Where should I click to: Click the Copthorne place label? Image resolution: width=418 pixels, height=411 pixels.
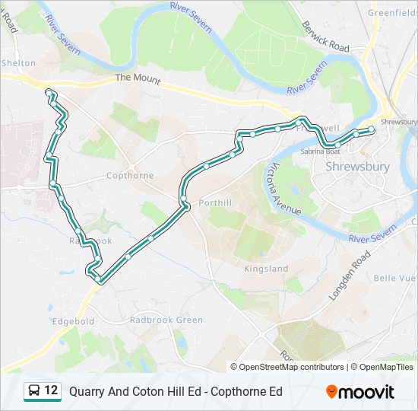pyautogui.click(x=130, y=176)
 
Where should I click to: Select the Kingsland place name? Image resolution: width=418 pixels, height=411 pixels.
pyautogui.click(x=266, y=269)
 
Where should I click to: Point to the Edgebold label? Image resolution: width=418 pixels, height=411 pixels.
pyautogui.click(x=73, y=321)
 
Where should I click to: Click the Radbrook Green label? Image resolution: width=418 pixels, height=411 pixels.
pyautogui.click(x=166, y=320)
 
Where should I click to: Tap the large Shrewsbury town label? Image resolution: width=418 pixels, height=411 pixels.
pyautogui.click(x=357, y=167)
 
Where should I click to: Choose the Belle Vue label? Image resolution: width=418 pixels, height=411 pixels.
pyautogui.click(x=400, y=279)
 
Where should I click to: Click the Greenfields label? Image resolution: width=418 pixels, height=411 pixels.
pyautogui.click(x=392, y=13)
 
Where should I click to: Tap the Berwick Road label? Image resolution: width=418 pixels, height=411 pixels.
pyautogui.click(x=324, y=37)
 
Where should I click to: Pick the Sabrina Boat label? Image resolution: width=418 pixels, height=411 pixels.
pyautogui.click(x=321, y=151)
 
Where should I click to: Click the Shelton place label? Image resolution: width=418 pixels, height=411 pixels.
pyautogui.click(x=18, y=63)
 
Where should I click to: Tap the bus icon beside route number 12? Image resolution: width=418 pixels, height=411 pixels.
pyautogui.click(x=34, y=391)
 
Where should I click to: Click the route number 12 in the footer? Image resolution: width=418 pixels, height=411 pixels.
pyautogui.click(x=51, y=391)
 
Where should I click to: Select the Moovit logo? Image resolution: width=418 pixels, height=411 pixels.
pyautogui.click(x=360, y=391)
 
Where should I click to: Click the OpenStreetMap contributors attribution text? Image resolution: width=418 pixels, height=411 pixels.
pyautogui.click(x=291, y=367)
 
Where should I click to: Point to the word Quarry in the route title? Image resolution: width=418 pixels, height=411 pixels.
pyautogui.click(x=86, y=392)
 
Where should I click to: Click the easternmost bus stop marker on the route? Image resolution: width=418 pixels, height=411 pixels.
pyautogui.click(x=372, y=131)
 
